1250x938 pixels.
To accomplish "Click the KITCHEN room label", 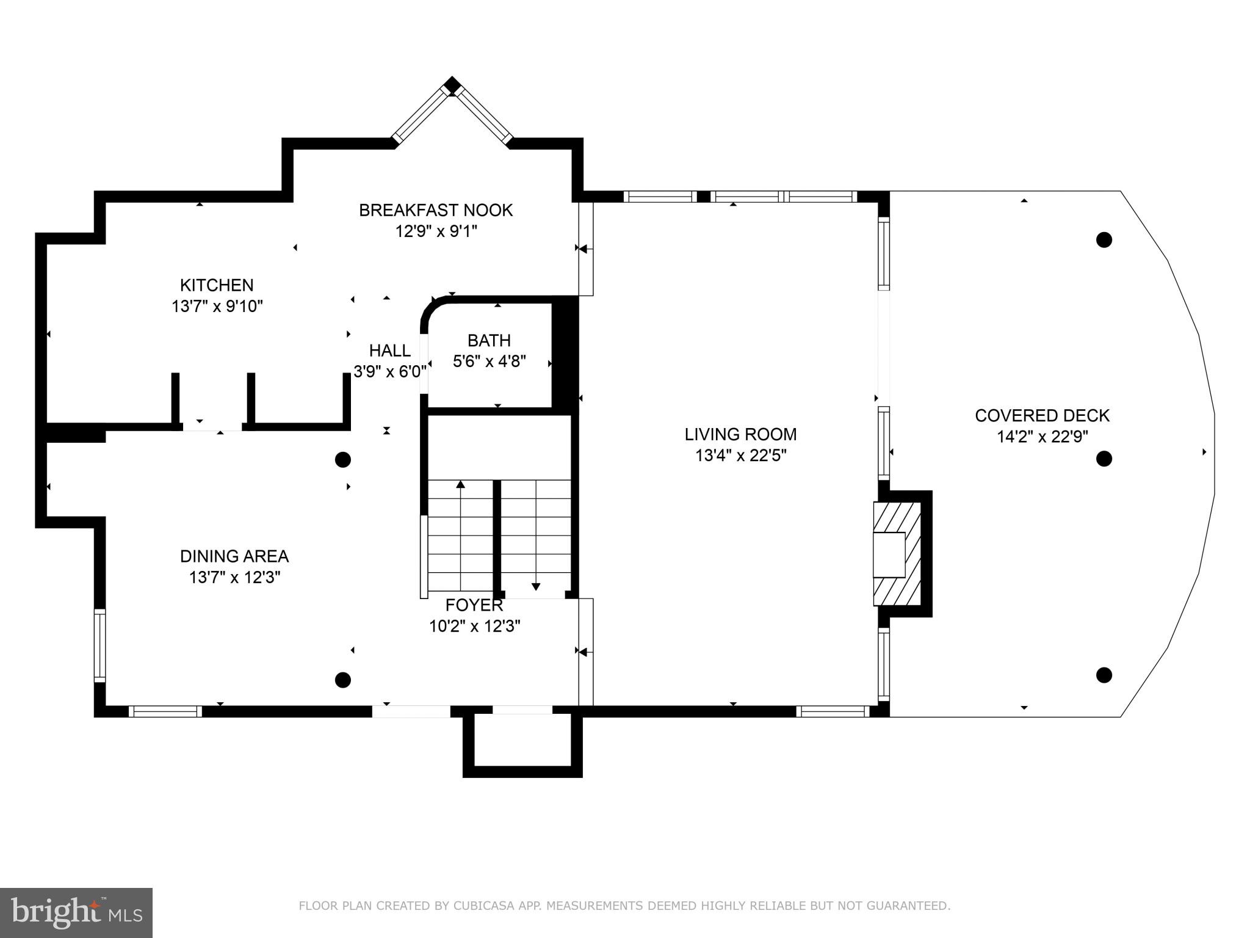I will point(217,285).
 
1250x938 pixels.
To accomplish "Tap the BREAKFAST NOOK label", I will point(435,211).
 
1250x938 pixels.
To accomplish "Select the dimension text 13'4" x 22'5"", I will point(740,456).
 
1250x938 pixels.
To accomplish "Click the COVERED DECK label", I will point(1042,416).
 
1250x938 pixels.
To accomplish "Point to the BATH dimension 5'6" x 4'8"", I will point(489,362).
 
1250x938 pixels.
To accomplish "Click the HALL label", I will point(389,351).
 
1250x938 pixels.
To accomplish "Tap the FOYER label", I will point(474,605).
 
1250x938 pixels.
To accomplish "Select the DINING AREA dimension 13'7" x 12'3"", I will point(234,578).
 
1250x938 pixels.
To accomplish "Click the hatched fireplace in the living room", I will point(897,554).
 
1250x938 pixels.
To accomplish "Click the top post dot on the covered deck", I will point(1104,240).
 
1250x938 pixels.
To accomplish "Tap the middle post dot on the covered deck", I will point(1104,459).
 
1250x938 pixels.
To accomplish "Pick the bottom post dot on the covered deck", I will point(1104,675).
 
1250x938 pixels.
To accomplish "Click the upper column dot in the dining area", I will point(343,460).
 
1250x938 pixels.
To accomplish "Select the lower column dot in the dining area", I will point(343,680).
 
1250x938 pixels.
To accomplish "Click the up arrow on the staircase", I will point(461,485).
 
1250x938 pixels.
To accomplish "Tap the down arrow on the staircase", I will point(536,586).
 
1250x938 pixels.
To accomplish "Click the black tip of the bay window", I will point(452,84).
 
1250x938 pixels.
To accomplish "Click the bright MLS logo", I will point(76,912).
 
